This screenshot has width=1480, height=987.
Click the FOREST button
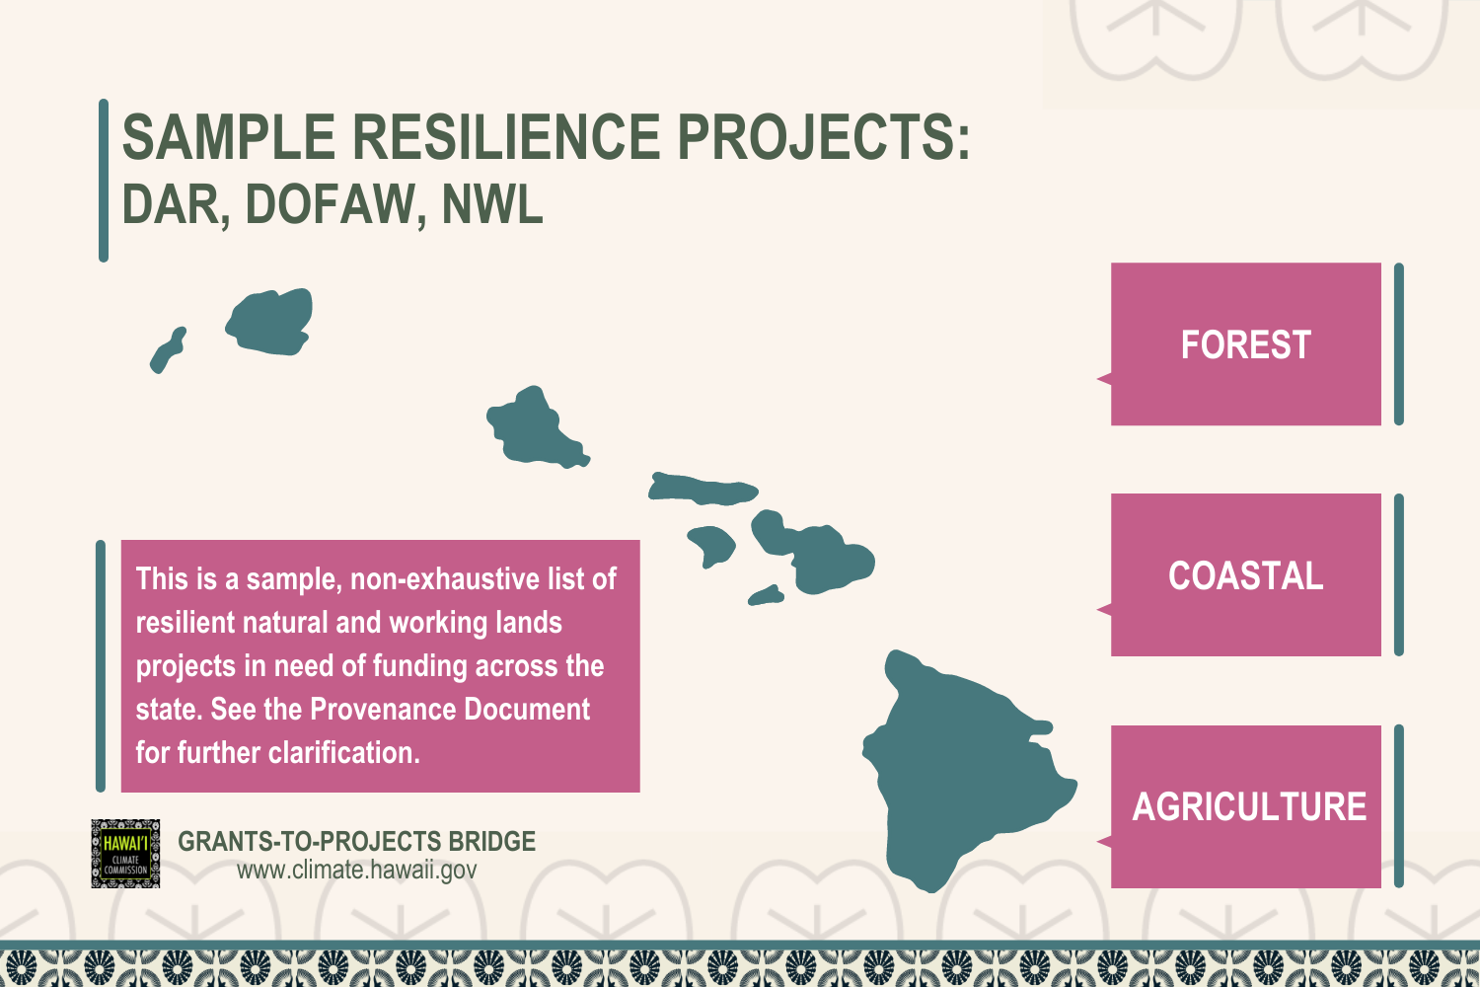(x=1245, y=344)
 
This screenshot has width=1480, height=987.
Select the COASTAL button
(x=1245, y=575)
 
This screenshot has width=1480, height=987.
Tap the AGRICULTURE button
(x=1248, y=807)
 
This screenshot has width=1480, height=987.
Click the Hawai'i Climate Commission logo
(x=125, y=854)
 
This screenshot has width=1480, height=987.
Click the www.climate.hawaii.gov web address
(x=356, y=871)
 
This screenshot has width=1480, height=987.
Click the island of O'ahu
(x=533, y=429)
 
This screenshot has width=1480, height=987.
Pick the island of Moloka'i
(x=703, y=490)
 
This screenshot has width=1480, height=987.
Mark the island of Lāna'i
(x=711, y=544)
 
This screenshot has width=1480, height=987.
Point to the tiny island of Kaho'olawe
(x=766, y=595)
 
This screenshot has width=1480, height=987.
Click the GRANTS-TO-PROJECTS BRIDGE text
(x=356, y=842)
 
